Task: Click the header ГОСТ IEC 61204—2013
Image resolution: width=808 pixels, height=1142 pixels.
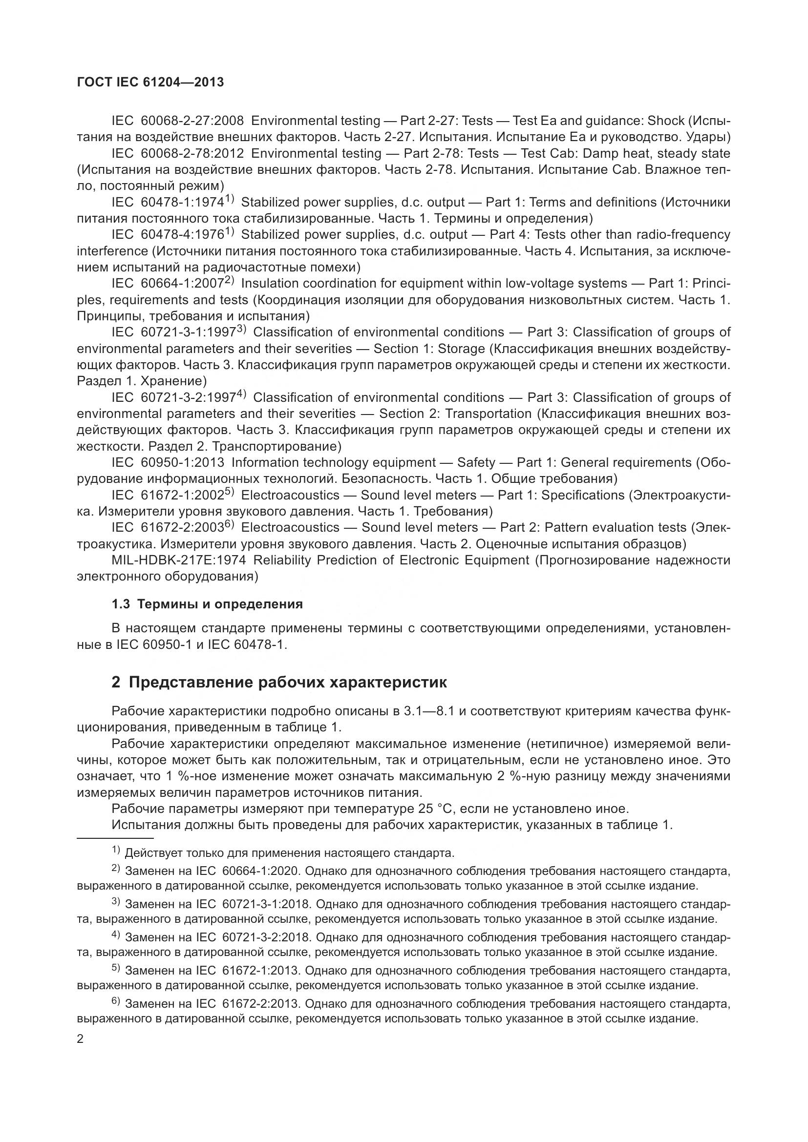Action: click(x=150, y=82)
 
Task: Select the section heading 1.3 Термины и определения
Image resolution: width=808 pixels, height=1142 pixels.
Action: click(x=207, y=604)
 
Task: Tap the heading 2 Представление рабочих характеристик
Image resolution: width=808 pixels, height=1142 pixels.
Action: click(x=279, y=682)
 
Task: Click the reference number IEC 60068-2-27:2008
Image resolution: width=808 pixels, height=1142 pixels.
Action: click(x=178, y=121)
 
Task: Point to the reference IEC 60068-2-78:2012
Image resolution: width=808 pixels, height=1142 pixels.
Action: click(x=178, y=153)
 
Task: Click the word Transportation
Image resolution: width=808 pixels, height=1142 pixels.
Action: click(x=488, y=414)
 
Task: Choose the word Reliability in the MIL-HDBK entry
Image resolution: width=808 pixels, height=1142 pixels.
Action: click(x=281, y=560)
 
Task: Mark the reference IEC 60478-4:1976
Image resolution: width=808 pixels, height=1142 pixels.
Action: click(x=168, y=235)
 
